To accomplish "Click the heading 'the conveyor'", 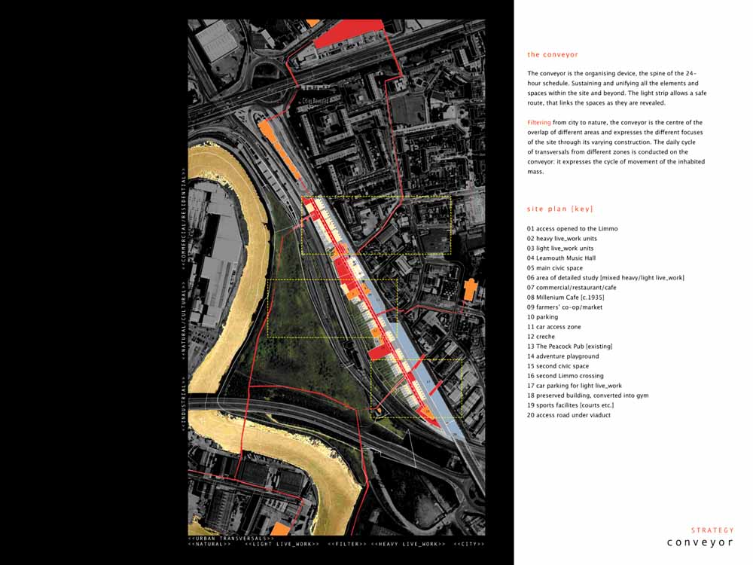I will click(x=553, y=54).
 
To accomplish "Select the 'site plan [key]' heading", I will click(x=560, y=209).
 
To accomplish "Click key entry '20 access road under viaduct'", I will click(x=569, y=415).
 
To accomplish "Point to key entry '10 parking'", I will click(x=542, y=317).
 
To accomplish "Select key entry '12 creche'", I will click(x=541, y=337).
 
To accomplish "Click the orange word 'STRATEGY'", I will click(x=712, y=530).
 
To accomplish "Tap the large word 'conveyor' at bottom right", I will click(x=700, y=542).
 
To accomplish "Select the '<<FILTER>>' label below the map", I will click(x=347, y=544).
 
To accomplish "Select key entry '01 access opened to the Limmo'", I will click(x=572, y=229).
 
